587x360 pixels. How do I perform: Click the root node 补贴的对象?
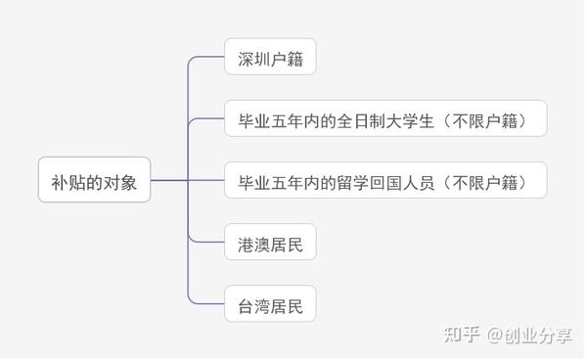(94, 180)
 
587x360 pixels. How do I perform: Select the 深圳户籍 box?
(270, 60)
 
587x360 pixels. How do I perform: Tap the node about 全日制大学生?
(384, 120)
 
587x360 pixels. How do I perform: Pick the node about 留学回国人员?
(384, 182)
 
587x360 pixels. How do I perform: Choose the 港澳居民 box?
(270, 243)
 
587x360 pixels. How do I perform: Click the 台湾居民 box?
(270, 304)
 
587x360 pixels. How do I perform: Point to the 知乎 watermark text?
(461, 335)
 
